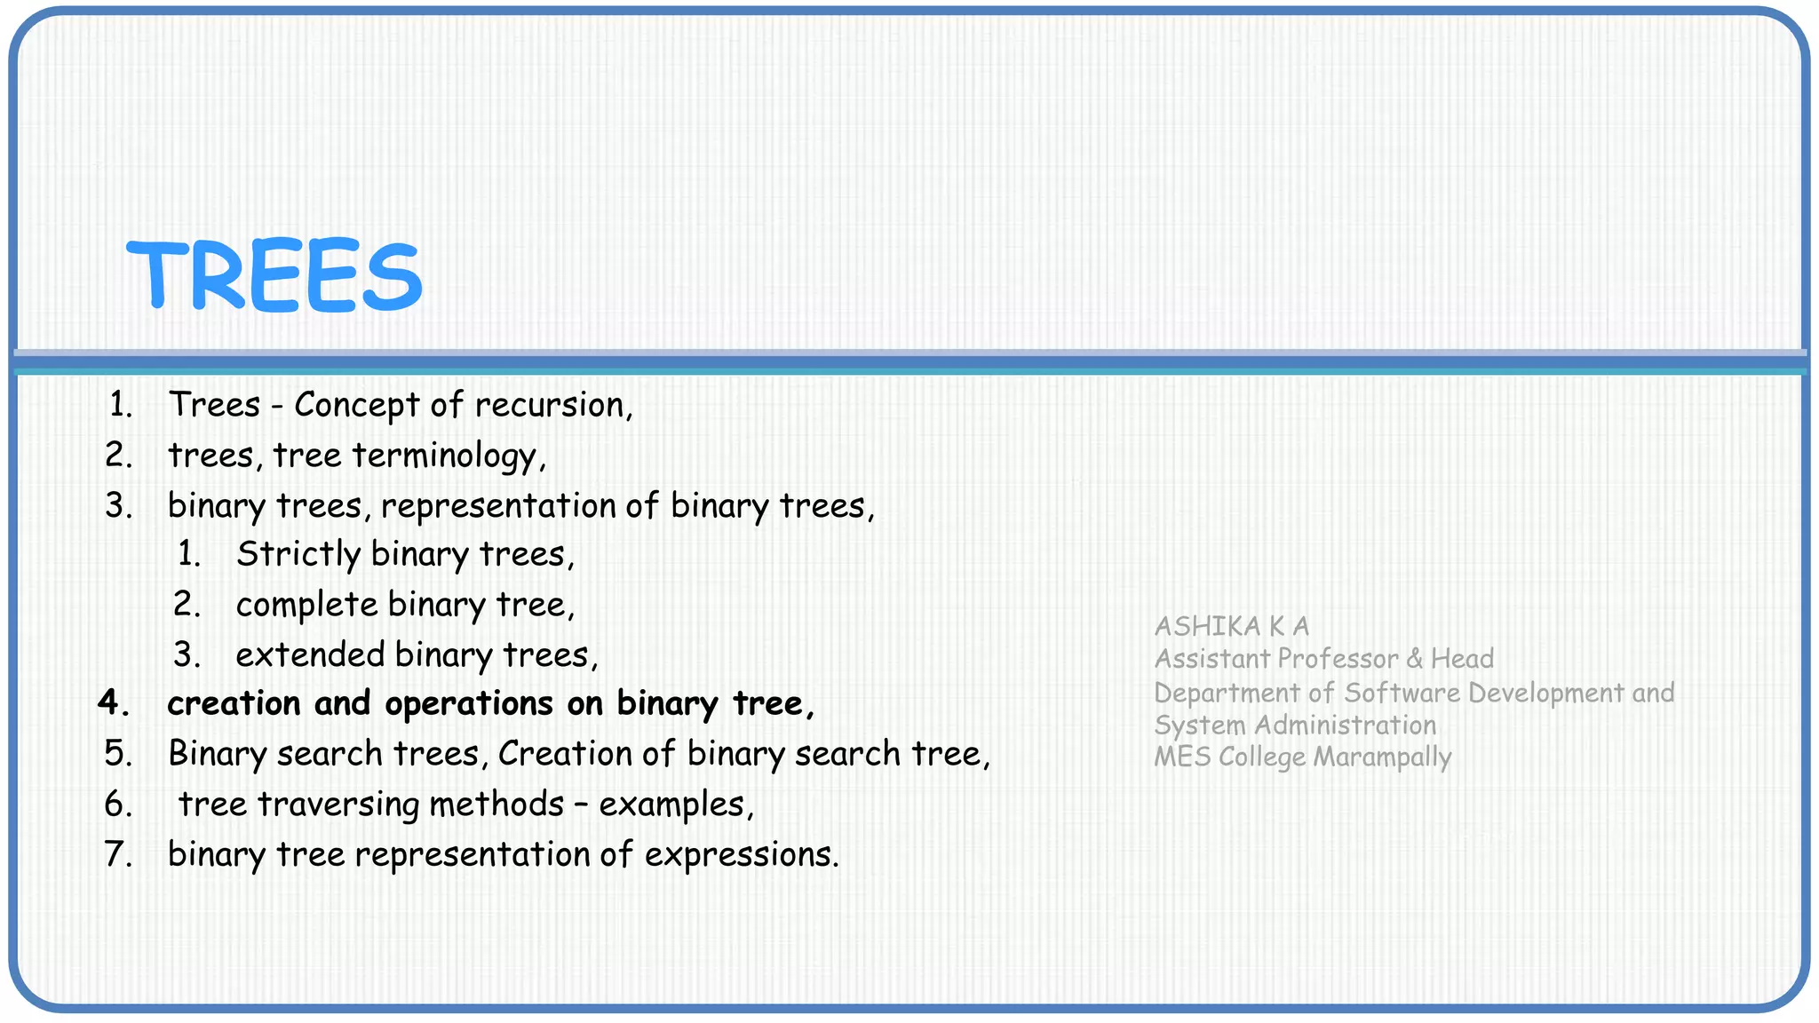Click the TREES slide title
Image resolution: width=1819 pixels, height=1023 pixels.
pyautogui.click(x=274, y=275)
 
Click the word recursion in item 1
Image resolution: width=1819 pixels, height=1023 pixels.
pyautogui.click(x=553, y=406)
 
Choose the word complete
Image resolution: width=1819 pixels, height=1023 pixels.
pyautogui.click(x=306, y=606)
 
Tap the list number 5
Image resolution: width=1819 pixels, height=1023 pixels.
pyautogui.click(x=118, y=754)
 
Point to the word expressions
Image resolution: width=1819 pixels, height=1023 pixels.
pyautogui.click(x=741, y=855)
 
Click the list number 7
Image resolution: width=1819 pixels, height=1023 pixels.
pyautogui.click(x=118, y=854)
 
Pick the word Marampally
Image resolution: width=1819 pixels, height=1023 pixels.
pyautogui.click(x=1382, y=757)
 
